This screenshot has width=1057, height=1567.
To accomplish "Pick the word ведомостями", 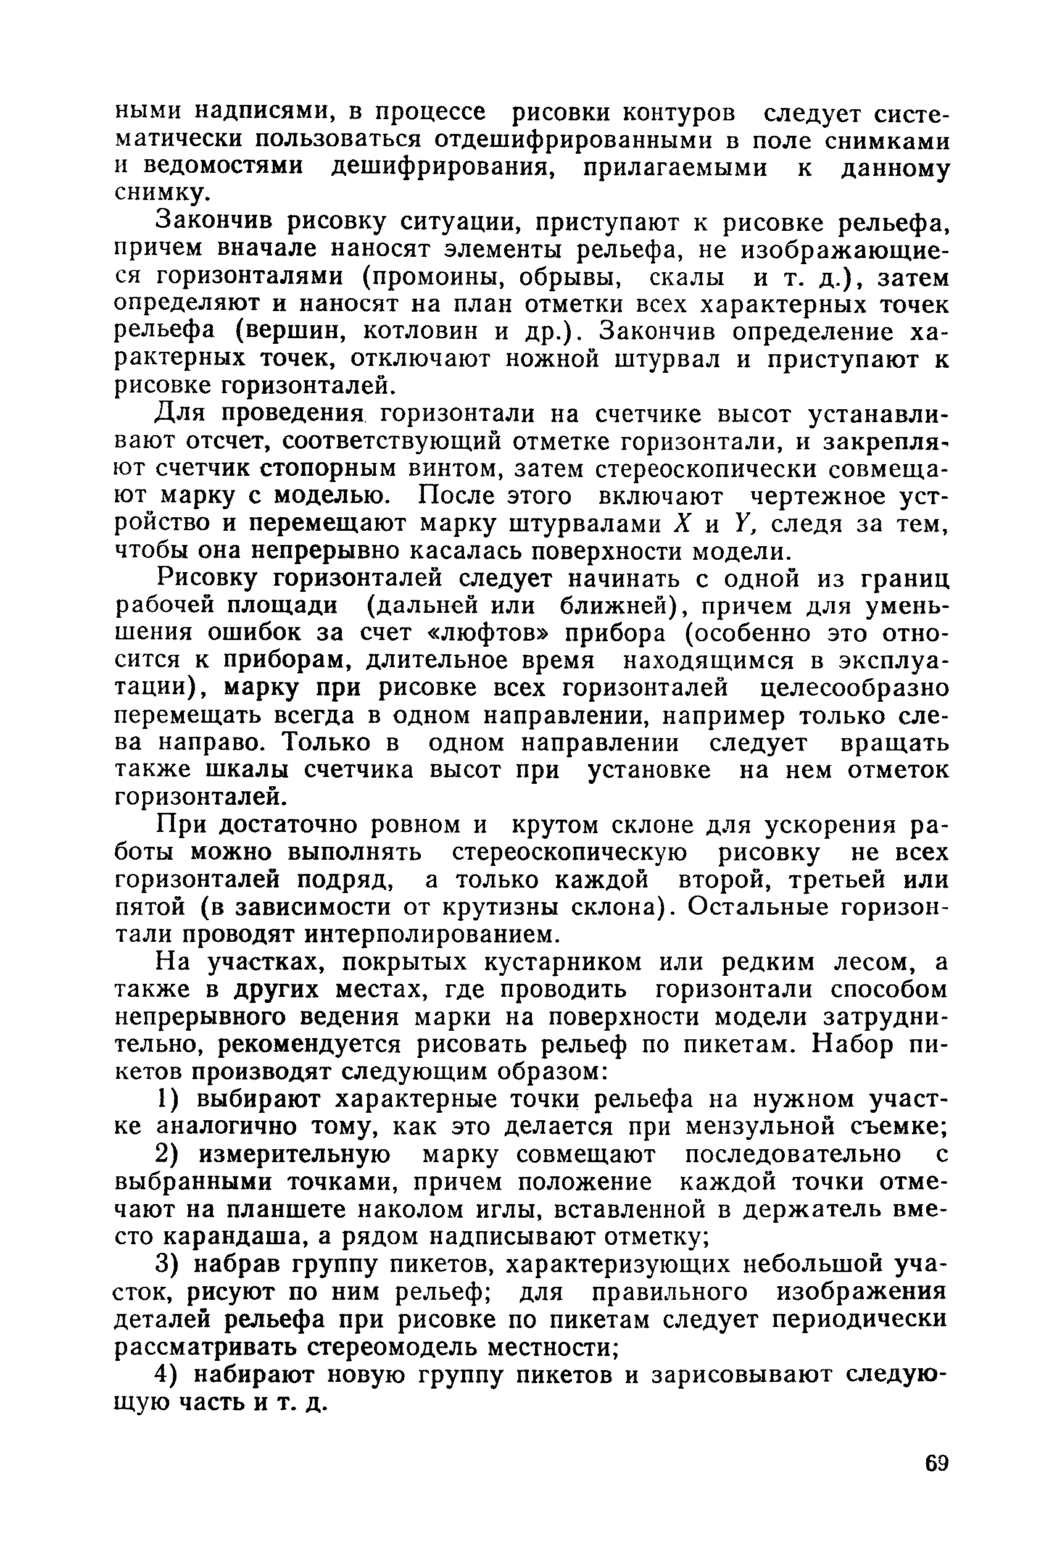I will pos(225,167).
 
